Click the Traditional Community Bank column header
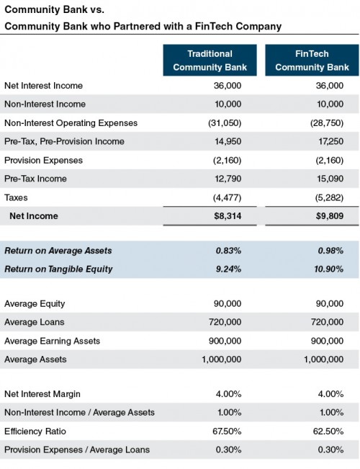tap(210, 61)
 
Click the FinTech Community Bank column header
tap(310, 61)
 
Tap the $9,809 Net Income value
tap(328, 215)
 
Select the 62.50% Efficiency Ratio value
tap(328, 431)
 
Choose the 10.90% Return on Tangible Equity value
tap(326, 269)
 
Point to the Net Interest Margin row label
tap(42, 393)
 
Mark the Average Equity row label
tap(35, 303)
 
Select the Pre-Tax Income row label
tap(35, 179)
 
